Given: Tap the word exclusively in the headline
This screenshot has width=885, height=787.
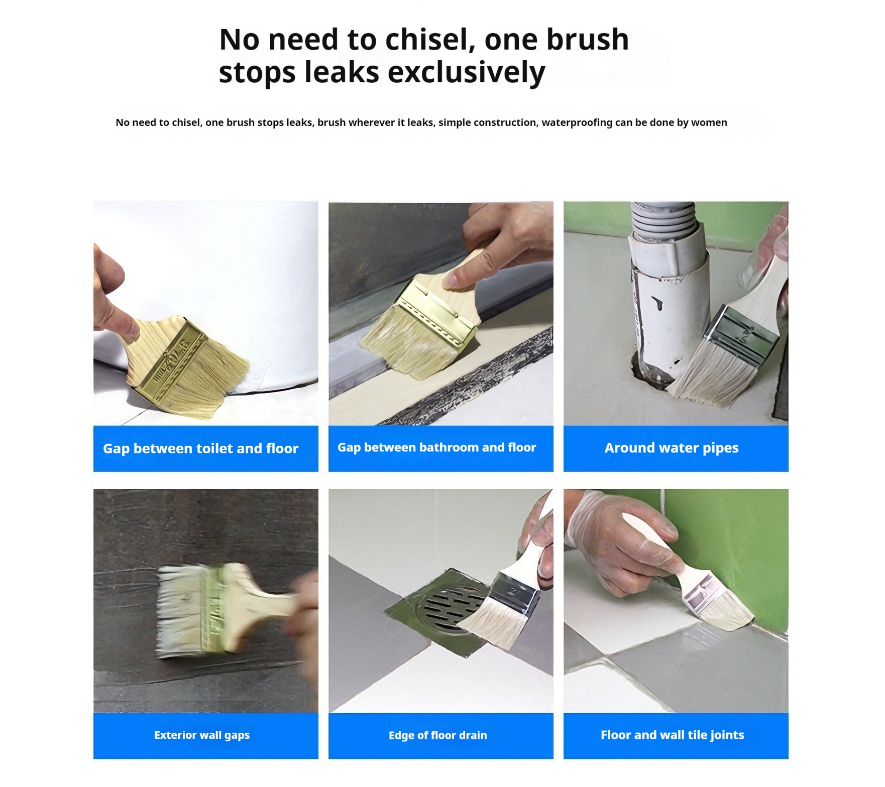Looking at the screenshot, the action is (467, 72).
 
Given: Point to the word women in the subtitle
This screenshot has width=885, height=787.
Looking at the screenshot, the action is (709, 122).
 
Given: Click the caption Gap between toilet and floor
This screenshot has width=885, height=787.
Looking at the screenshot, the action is (201, 448).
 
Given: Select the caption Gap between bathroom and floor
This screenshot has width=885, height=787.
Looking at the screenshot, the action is (437, 447).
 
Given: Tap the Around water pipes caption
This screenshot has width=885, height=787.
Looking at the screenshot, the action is (672, 448).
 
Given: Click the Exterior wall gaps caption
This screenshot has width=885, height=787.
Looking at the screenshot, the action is (202, 735).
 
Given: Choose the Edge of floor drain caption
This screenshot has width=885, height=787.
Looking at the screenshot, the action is (438, 735).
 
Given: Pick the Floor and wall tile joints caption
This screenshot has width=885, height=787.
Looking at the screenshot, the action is (673, 735).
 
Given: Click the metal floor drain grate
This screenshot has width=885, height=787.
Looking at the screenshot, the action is (450, 608).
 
